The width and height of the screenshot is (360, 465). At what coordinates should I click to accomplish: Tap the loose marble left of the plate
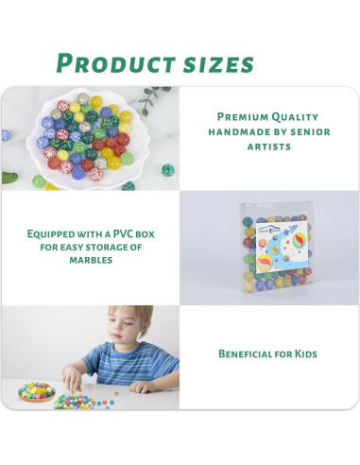point(39,181)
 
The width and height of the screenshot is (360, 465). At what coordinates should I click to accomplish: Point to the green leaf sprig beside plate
point(151,97)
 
